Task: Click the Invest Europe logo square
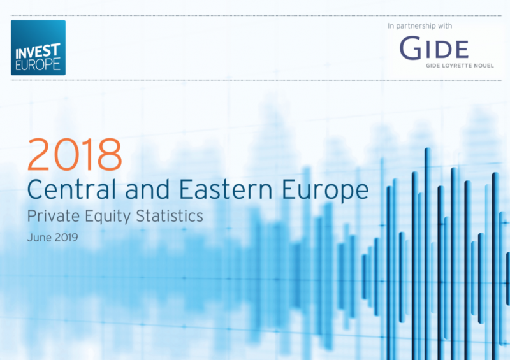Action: pos(38,48)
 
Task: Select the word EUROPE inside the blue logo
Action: pos(38,64)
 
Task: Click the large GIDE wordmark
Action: pos(434,48)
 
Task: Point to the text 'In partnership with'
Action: pos(419,25)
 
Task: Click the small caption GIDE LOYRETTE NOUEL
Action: pos(460,66)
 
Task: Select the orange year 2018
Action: pos(75,154)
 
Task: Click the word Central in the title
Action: pos(71,189)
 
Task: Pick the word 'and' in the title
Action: pos(147,189)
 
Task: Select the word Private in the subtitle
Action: pos(54,216)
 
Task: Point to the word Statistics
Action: pos(170,216)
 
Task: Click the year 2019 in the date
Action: pos(66,238)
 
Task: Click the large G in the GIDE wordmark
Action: pos(411,48)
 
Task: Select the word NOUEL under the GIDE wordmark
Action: pos(484,66)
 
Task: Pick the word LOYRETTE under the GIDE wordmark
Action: pos(456,66)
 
